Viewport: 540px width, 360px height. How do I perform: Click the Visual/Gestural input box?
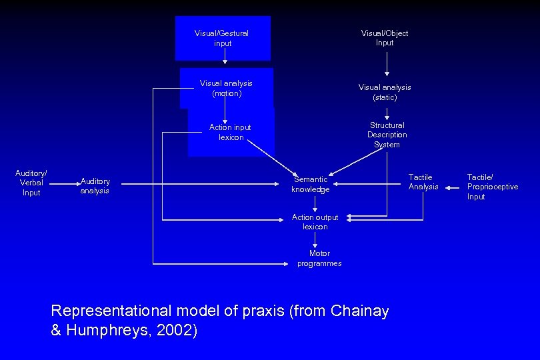[223, 38]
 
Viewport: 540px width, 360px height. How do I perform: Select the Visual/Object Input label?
[385, 38]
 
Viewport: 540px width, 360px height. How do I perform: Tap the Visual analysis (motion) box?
[226, 88]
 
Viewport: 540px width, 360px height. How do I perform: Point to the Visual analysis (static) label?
[385, 92]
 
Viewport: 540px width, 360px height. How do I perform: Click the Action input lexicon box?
[231, 132]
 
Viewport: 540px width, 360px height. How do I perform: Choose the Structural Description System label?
[387, 135]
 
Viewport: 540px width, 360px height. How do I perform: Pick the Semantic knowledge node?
[310, 184]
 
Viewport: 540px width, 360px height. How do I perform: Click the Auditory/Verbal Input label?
[31, 183]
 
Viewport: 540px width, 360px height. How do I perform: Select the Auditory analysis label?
[95, 186]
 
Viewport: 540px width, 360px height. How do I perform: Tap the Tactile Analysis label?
[423, 181]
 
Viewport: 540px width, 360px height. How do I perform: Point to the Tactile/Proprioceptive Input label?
[492, 187]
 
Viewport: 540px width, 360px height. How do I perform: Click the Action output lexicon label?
[315, 221]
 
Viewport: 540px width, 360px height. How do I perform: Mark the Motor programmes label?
[319, 258]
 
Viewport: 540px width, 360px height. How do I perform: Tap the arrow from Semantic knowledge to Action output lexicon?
[315, 203]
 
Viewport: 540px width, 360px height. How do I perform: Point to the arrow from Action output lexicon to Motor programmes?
[315, 240]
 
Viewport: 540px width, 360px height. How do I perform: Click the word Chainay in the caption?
[359, 311]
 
